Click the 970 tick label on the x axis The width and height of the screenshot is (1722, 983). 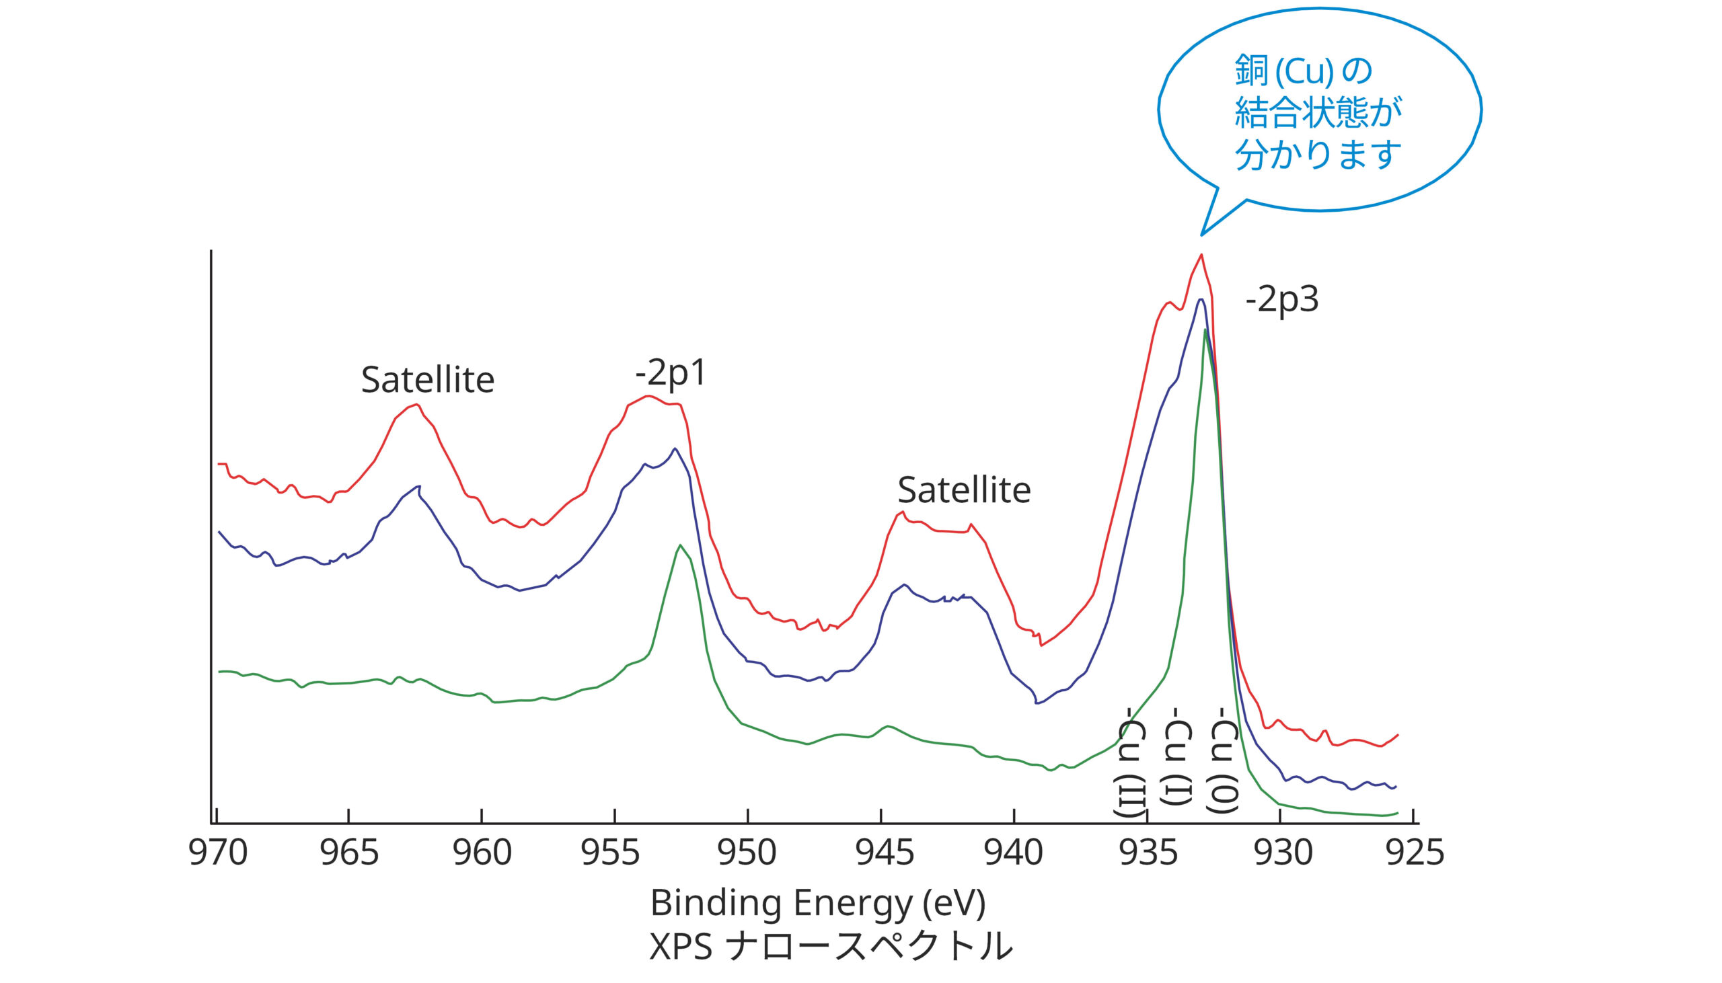pos(217,853)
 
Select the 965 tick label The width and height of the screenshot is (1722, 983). pos(349,853)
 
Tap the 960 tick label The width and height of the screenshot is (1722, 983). pos(482,853)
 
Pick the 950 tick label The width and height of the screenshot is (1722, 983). pos(746,853)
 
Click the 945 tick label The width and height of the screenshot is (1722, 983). pos(884,853)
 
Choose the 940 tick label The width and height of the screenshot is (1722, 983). pos(1013,853)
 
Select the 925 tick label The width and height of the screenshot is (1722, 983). pos(1415,853)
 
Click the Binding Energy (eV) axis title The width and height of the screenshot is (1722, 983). pos(818,904)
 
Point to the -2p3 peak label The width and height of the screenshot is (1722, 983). pos(1281,299)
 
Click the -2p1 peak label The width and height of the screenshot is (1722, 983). pos(671,372)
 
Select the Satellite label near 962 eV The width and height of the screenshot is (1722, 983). pos(427,379)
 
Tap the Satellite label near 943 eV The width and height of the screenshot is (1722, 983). pos(964,490)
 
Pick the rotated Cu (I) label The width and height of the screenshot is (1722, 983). pos(1176,756)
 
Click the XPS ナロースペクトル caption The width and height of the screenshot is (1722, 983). pos(831,947)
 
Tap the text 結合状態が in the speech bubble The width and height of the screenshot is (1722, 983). pos(1318,112)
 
